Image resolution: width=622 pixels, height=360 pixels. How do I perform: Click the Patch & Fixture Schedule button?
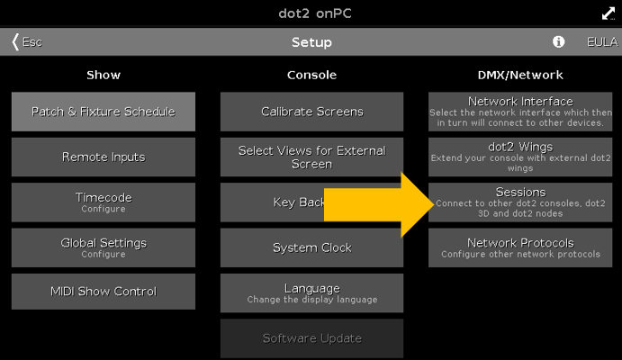click(x=104, y=112)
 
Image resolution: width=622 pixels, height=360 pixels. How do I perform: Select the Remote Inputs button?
click(x=104, y=157)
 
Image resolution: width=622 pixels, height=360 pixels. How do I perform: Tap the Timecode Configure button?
click(x=104, y=202)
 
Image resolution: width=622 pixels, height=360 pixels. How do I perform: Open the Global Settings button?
click(x=104, y=247)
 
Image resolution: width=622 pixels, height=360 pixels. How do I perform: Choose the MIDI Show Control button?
click(x=104, y=292)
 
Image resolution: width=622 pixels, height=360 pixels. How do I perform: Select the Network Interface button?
click(x=520, y=112)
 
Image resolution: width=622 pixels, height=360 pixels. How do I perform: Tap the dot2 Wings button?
click(x=520, y=157)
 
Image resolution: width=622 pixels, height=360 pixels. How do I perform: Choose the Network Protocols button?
click(x=520, y=247)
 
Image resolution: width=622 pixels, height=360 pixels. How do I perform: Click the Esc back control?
click(x=27, y=42)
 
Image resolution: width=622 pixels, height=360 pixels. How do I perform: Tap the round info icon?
click(x=558, y=42)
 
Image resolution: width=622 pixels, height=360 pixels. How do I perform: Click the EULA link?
click(x=601, y=42)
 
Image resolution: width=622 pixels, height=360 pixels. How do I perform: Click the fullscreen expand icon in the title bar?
click(x=608, y=13)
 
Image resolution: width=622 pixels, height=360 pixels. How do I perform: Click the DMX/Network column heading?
click(x=520, y=75)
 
